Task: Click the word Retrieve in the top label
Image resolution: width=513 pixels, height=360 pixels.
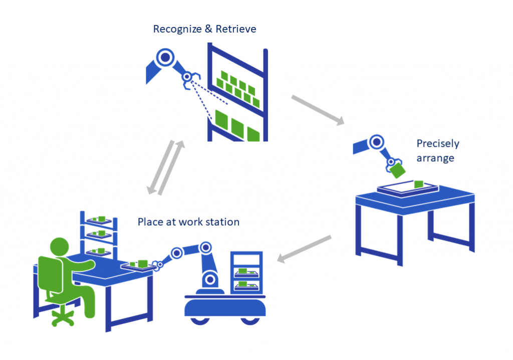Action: click(236, 29)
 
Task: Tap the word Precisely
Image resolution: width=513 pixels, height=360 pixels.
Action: click(437, 144)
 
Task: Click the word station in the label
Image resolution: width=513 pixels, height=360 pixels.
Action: click(222, 221)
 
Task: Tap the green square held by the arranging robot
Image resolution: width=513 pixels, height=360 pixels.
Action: click(399, 170)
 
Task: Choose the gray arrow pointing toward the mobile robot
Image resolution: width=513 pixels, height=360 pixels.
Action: click(305, 249)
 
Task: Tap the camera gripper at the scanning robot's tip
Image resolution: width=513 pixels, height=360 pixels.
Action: click(188, 78)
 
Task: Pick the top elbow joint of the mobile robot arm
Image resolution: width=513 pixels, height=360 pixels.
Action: click(204, 247)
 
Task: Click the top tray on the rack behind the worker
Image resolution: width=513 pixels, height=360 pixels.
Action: click(99, 220)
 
